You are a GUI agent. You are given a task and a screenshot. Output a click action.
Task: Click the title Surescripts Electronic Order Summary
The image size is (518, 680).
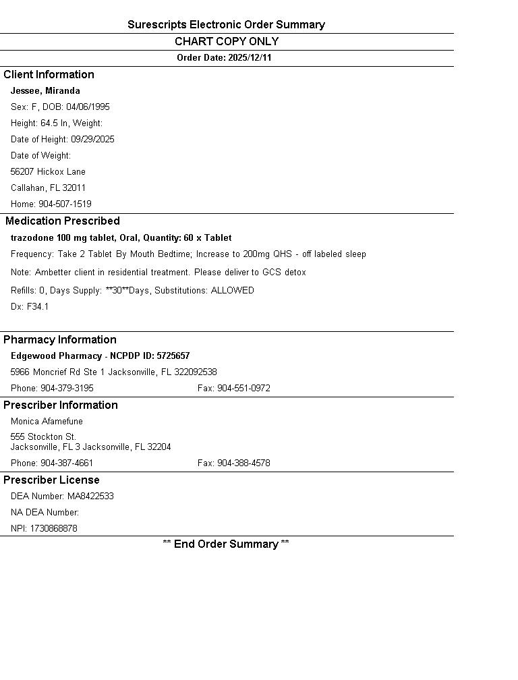(x=226, y=25)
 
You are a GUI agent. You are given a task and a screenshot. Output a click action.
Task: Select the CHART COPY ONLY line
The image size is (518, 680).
(x=227, y=42)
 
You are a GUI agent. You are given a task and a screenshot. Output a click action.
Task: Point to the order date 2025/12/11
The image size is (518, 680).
(x=250, y=58)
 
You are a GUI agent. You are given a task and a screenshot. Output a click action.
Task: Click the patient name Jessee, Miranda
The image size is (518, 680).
(x=45, y=91)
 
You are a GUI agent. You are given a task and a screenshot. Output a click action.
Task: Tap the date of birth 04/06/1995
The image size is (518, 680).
(x=88, y=107)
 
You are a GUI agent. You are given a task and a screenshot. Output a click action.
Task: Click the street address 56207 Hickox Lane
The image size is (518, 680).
(x=48, y=172)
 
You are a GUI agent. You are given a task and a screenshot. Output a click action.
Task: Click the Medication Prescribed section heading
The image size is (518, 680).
(x=63, y=221)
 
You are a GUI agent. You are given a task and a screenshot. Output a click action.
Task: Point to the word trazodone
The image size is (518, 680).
(x=32, y=238)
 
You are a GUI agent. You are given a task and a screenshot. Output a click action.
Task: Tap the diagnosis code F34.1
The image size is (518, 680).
(x=38, y=307)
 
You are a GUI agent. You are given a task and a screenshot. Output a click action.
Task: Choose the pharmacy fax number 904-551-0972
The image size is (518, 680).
(x=243, y=389)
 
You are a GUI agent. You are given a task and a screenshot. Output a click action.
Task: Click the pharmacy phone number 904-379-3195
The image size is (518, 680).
(x=67, y=389)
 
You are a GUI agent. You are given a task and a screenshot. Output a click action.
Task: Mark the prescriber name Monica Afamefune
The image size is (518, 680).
(x=47, y=422)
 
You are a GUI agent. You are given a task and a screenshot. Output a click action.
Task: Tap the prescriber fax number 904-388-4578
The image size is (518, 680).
(x=243, y=463)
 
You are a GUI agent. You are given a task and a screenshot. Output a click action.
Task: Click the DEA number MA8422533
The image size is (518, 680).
(x=90, y=497)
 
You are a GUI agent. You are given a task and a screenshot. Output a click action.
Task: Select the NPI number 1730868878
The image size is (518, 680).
(x=53, y=529)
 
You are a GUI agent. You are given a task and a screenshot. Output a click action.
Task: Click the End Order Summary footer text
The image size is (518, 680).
(x=226, y=544)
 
